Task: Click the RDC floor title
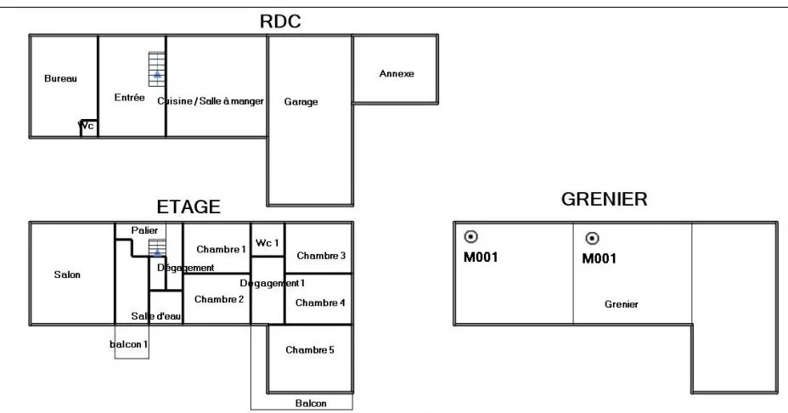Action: click(x=280, y=21)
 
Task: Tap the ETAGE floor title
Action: click(x=189, y=206)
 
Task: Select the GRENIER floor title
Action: click(x=604, y=199)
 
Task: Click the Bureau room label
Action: click(x=61, y=78)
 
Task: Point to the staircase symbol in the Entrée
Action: click(x=157, y=70)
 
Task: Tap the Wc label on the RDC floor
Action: click(x=86, y=125)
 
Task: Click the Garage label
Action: click(x=301, y=102)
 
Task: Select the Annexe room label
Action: click(x=397, y=73)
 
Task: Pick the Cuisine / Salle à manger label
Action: click(x=211, y=101)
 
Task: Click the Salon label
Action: click(x=67, y=274)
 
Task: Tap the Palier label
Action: click(x=144, y=230)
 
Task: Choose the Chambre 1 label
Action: click(x=221, y=250)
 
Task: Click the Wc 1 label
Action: click(x=267, y=243)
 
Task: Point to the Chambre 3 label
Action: click(x=321, y=256)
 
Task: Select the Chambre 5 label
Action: click(x=310, y=349)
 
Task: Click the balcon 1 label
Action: click(x=129, y=344)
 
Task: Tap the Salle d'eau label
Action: click(x=155, y=316)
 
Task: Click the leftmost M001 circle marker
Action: click(x=471, y=236)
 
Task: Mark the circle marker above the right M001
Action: click(x=593, y=238)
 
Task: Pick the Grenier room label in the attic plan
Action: click(x=622, y=304)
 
